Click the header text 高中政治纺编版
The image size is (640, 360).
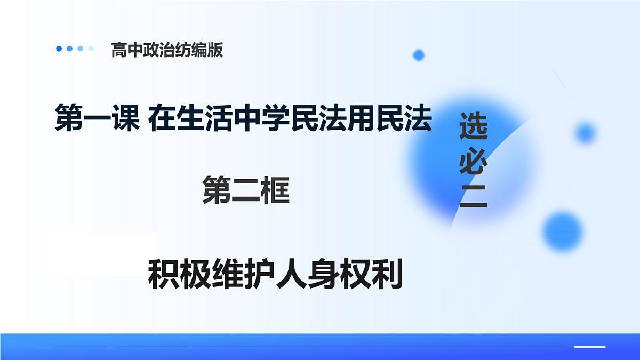pos(167,50)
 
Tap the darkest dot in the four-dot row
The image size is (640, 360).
pos(59,49)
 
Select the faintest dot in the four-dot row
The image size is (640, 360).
pos(91,49)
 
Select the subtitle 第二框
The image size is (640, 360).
pos(246,191)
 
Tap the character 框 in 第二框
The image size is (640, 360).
pos(275,191)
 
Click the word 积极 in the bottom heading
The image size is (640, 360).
pos(180,275)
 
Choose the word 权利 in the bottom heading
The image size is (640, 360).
pos(370,275)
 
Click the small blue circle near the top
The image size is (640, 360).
pos(419,54)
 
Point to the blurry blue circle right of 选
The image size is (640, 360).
pos(586,132)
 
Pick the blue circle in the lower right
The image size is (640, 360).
pos(563,231)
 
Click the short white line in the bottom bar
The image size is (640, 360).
pos(589,347)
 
